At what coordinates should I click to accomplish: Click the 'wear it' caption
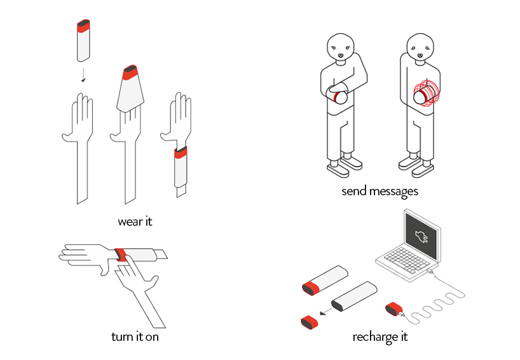point(135,221)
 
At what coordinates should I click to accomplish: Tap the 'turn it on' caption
point(135,336)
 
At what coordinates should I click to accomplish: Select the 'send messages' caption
point(380,191)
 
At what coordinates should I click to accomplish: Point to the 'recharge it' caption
point(380,337)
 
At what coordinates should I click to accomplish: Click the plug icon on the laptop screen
point(422,237)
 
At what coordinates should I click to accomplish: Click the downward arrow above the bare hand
point(83,75)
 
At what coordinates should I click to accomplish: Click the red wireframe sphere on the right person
point(427,93)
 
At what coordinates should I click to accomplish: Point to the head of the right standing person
point(420,46)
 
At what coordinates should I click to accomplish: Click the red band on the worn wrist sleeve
point(181,153)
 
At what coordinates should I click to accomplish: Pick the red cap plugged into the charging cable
point(394,309)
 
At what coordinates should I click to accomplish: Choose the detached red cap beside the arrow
point(310,322)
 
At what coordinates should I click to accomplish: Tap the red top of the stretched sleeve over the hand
point(130,73)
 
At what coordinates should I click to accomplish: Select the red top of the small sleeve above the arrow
point(83,26)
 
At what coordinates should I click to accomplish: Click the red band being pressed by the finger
point(120,254)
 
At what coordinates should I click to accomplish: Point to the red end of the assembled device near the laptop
point(311,287)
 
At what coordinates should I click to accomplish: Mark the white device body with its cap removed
point(354,296)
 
